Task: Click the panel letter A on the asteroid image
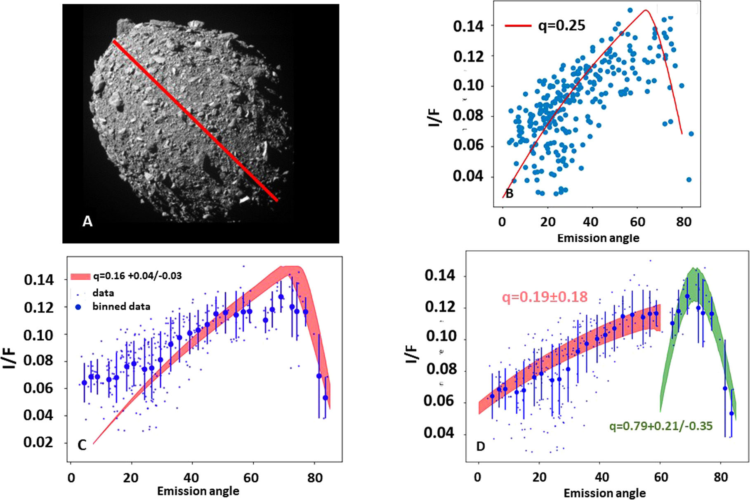87,222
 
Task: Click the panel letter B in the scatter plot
509,193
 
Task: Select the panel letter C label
82,445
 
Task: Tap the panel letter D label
480,446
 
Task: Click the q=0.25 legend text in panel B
561,26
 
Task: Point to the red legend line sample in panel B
518,26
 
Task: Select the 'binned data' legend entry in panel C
121,307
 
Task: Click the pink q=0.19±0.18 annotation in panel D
545,297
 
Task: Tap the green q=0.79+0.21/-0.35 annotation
661,426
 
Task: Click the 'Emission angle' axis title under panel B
598,238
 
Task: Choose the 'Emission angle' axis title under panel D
604,493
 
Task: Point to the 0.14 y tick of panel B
468,26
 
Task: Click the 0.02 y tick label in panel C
38,442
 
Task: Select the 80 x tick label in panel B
683,222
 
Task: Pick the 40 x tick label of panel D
602,477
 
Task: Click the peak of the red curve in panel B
645,10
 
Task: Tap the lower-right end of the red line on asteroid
276,200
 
